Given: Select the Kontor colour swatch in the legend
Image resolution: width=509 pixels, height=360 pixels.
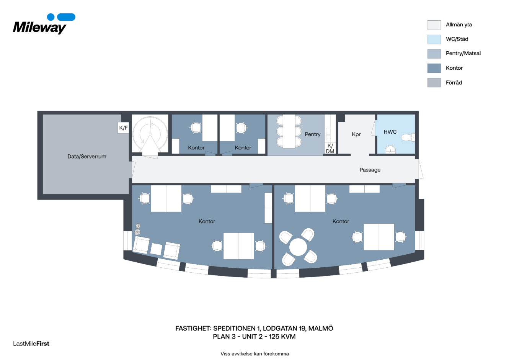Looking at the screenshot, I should click(x=434, y=68).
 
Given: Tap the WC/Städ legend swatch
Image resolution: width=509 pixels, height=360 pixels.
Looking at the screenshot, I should click(x=434, y=39).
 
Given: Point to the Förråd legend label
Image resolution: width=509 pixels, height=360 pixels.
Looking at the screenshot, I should click(x=454, y=83).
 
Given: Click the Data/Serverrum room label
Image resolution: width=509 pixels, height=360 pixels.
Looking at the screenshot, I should click(x=87, y=157).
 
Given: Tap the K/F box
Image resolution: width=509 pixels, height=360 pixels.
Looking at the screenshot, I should click(x=123, y=128).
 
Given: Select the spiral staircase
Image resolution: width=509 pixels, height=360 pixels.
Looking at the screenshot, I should click(x=150, y=134).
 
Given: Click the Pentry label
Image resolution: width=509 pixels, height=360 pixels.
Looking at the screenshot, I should click(x=312, y=134).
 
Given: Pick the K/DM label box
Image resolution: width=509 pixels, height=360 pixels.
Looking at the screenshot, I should click(x=330, y=149).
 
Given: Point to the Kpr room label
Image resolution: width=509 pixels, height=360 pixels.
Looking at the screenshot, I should click(x=356, y=134).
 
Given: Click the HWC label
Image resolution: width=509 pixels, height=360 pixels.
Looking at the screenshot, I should click(x=390, y=132).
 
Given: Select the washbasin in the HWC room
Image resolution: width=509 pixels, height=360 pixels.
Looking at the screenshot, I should click(x=390, y=150).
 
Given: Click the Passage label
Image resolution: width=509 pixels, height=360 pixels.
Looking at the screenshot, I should click(x=370, y=170).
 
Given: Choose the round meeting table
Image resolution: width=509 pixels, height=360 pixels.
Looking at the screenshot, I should click(x=298, y=247).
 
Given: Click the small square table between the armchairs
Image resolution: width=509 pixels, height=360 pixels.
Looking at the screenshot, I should click(x=156, y=249).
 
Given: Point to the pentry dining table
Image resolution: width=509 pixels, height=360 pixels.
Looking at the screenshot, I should click(x=289, y=131).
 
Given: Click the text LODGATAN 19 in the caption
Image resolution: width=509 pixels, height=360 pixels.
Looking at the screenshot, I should click(x=284, y=329).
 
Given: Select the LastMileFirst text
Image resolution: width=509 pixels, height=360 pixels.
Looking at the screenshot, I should click(x=31, y=344).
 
